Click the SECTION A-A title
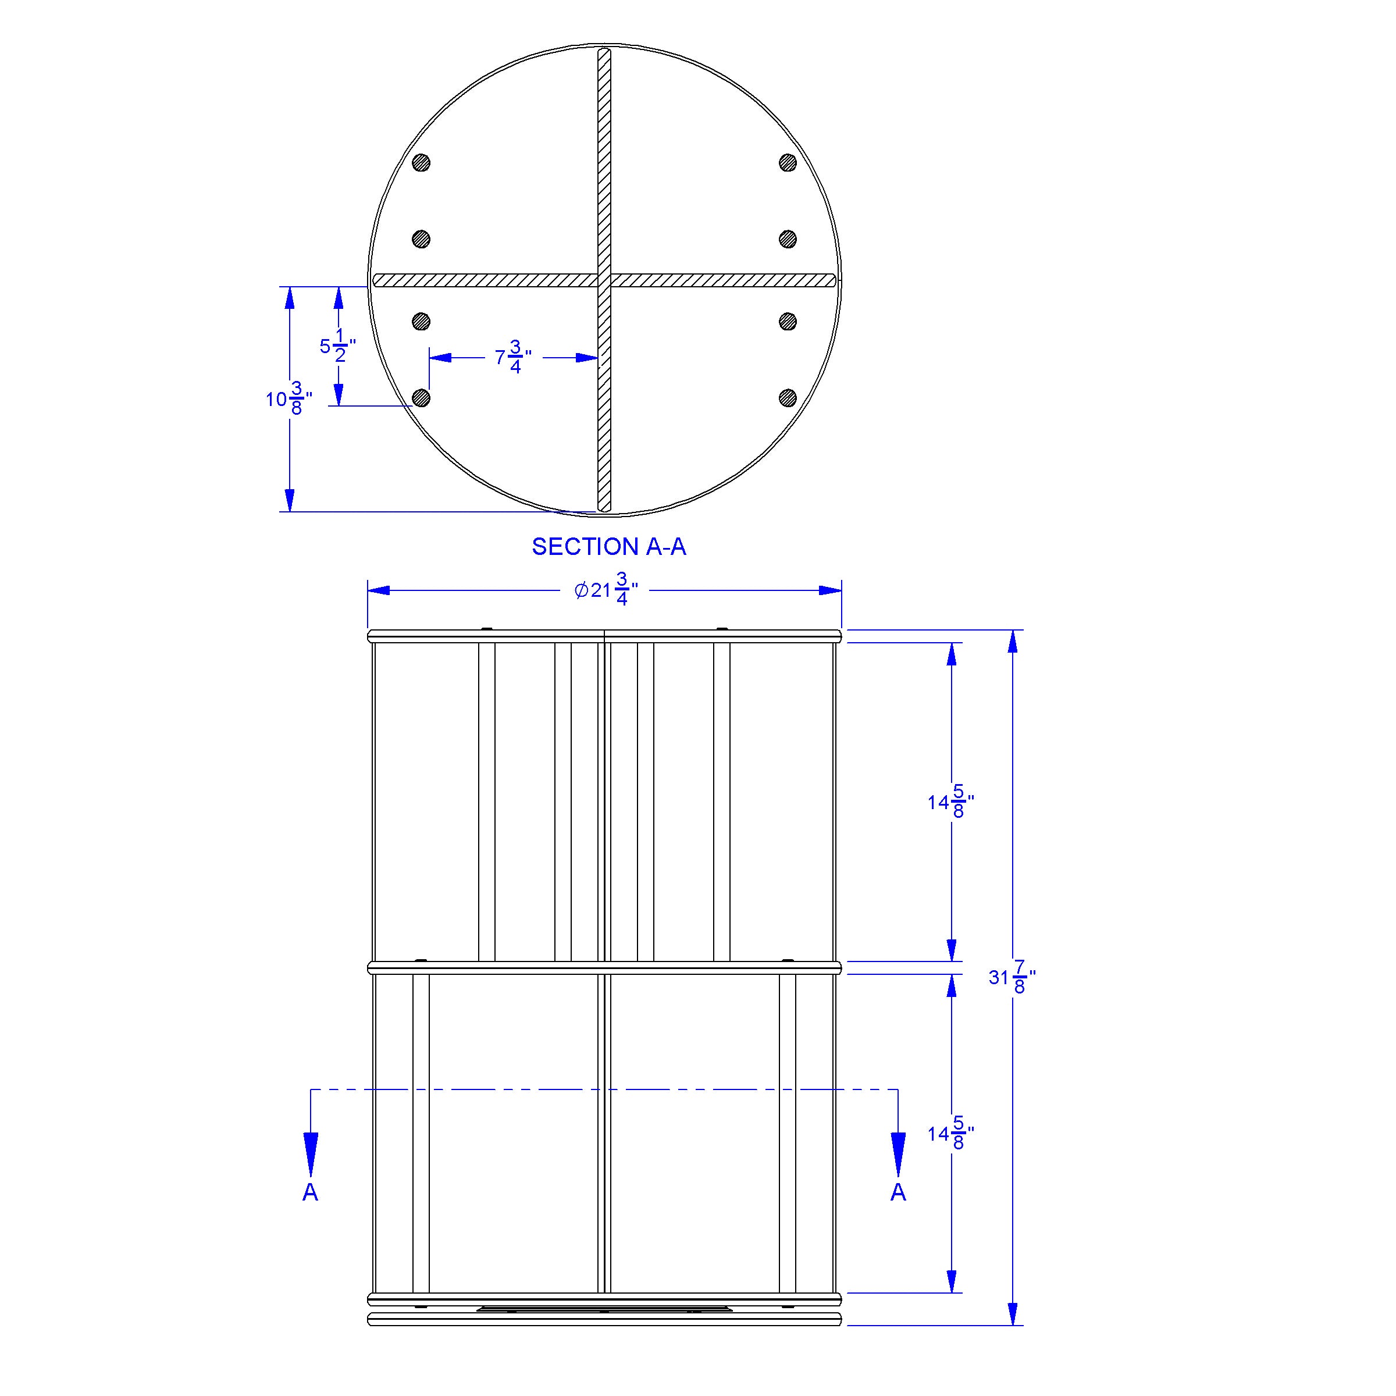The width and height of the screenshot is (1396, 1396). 608,547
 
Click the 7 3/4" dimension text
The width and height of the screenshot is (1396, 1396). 514,357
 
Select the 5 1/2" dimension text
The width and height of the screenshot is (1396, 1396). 338,346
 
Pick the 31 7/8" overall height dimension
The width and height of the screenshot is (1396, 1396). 1012,977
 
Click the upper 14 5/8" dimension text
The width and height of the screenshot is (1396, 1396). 952,802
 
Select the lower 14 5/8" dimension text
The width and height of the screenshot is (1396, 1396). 952,1134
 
